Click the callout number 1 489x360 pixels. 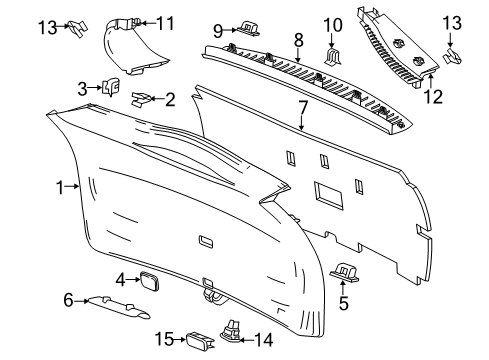[x=60, y=186]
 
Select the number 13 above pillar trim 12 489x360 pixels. [x=453, y=22]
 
